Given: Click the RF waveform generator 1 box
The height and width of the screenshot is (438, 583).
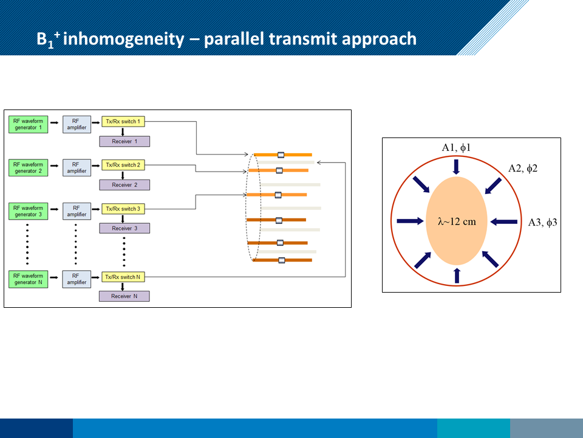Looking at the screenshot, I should pos(27,124).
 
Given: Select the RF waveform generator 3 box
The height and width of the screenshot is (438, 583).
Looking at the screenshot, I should pos(27,211).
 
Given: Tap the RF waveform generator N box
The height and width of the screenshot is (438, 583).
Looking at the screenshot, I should pos(27,279).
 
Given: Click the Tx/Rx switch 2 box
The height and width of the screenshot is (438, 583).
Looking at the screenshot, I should pos(123,165).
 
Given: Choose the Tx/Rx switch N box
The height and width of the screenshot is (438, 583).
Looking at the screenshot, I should pos(123,277).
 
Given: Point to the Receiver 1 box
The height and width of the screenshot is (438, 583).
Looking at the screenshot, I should pos(124,141).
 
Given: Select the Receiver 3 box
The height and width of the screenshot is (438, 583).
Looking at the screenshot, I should pos(124,228).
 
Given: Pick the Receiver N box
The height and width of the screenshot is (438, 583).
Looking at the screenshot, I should pos(124,296).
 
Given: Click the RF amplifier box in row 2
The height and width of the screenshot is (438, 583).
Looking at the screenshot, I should pos(76,167).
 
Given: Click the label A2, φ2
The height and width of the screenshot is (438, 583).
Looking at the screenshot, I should pos(523,169).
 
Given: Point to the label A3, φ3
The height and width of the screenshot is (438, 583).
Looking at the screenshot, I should pos(542,223).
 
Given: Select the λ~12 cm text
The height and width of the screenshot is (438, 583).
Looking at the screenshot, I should pos(457,221).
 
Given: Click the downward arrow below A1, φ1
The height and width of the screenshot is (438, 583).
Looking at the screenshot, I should pos(457,165).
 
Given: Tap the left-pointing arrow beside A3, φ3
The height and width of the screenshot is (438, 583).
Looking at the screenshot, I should pos(503,221).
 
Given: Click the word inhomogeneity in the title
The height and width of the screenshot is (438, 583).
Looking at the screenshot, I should pos(123,39).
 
